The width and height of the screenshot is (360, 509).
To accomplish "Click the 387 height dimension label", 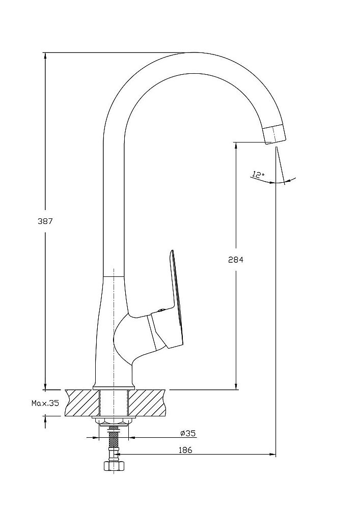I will [45, 221].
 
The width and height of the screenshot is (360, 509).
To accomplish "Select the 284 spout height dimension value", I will [236, 260].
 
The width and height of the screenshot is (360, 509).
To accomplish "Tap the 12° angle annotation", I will [258, 175].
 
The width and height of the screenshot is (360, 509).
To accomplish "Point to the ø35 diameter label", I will [188, 434].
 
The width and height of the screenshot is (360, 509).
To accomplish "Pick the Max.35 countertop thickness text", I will [45, 403].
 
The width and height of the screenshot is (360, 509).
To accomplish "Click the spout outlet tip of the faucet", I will [275, 134].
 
